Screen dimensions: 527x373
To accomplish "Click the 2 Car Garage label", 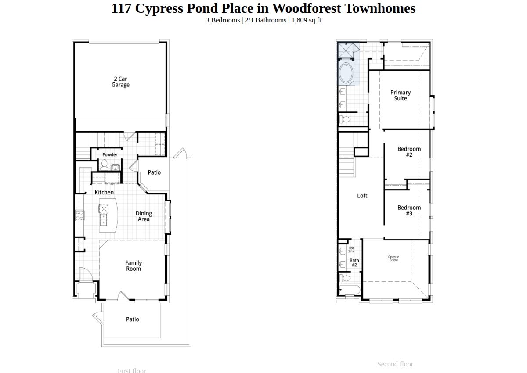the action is [120, 82].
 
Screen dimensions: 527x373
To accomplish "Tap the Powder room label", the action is [110, 154].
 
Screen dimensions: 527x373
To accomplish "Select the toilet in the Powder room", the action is [104, 165].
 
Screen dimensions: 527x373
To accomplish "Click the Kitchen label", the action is [104, 192].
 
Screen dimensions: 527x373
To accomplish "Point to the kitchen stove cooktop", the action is [80, 215].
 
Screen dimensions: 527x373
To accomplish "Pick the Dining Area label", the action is [144, 216].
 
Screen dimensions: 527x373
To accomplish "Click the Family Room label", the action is [134, 266].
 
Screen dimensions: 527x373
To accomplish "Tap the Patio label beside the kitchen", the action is [154, 172].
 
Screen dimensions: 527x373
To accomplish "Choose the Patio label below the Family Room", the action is [133, 319].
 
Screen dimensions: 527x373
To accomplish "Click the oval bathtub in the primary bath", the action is [346, 72].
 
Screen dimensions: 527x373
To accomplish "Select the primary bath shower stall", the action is [346, 50].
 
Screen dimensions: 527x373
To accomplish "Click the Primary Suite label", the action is [401, 95].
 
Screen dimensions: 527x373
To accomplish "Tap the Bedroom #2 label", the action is [409, 152].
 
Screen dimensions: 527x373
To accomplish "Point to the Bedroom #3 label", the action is [409, 211].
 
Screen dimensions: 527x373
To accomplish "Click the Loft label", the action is [362, 196].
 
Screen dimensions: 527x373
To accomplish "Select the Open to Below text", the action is [393, 258].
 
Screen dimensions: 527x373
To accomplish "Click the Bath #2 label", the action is [354, 263].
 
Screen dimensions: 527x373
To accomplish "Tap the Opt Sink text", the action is [351, 250].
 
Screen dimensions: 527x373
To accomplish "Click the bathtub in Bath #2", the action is [350, 290].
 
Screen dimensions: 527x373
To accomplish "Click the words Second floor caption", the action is [395, 364].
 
